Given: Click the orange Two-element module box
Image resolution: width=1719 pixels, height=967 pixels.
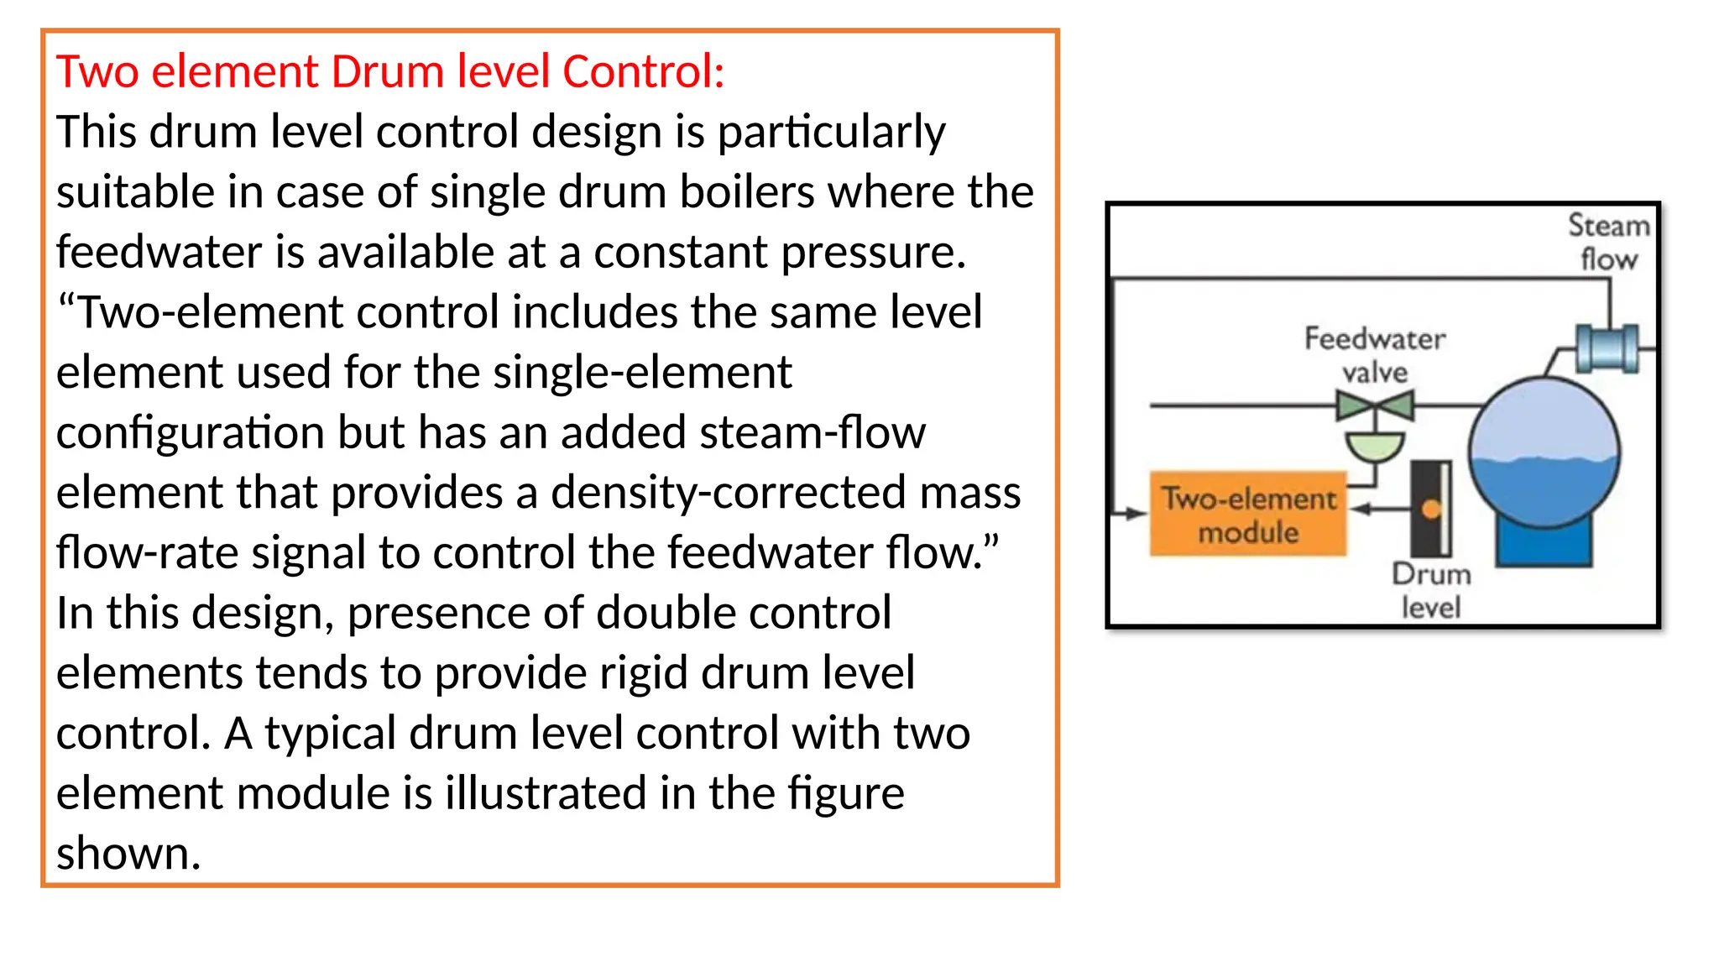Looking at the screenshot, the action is click(1248, 515).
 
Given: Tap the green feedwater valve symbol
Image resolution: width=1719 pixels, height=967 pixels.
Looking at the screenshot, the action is click(1375, 407).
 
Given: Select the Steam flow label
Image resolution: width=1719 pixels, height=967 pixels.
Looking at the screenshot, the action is click(1609, 242).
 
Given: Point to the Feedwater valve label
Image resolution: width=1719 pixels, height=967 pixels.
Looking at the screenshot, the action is click(1375, 354).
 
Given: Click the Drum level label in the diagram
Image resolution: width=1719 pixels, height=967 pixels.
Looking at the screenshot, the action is click(1431, 590).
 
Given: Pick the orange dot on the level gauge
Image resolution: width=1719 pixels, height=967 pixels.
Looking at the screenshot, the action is click(1432, 509).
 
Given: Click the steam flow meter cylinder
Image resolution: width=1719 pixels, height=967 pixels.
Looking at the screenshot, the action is click(1607, 348).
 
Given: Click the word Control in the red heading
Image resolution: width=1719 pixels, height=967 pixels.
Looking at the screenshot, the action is click(643, 71).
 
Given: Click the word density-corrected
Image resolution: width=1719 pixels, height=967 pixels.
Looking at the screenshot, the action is click(728, 493).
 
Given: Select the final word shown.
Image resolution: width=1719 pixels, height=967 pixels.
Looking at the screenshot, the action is click(128, 854).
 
